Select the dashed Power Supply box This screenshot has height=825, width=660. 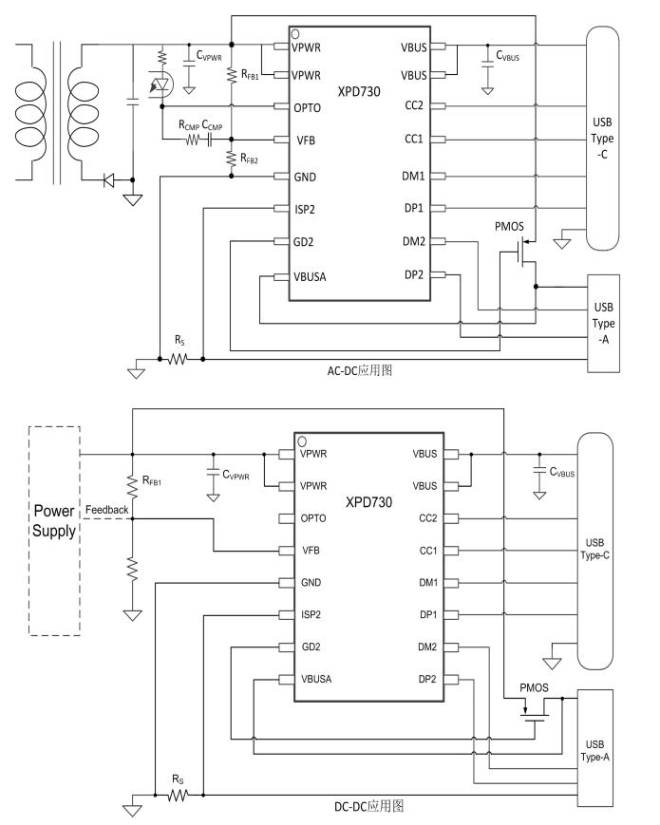(54, 530)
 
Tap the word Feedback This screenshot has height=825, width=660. (106, 510)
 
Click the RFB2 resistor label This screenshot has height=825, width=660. (250, 160)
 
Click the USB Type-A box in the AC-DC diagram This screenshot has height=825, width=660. (603, 322)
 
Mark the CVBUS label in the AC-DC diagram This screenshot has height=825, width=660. (507, 57)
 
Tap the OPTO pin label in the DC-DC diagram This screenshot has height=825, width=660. (313, 518)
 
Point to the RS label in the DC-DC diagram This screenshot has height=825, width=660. (178, 779)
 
